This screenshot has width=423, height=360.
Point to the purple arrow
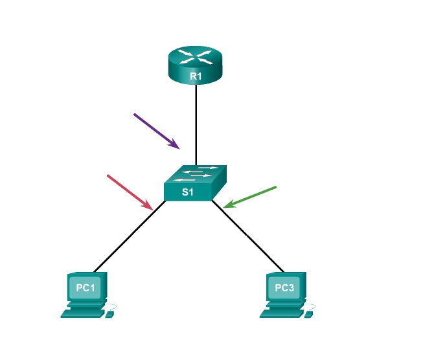coord(156,131)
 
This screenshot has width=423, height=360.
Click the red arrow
coord(130,192)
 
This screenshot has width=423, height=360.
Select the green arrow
coord(250,197)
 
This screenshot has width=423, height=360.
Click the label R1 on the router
coord(196,76)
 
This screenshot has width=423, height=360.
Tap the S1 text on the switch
coord(187,192)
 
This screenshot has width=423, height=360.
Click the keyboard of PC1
coord(82,313)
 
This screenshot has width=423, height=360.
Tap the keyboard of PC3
coord(280,313)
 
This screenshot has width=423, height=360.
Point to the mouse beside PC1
coord(109,314)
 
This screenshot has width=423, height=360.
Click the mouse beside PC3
coord(309,314)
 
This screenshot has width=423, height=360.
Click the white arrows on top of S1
coord(197,173)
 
